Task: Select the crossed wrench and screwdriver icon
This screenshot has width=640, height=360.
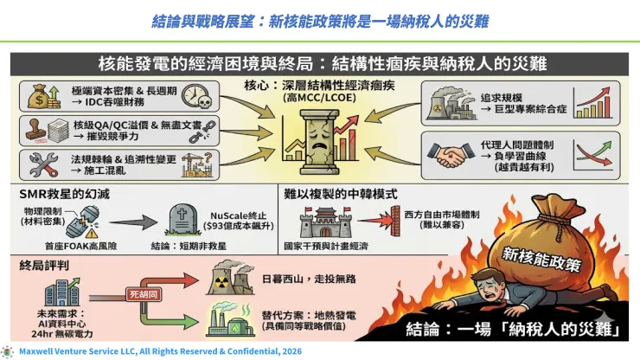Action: (x=41, y=162)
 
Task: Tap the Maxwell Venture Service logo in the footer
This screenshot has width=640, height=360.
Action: (x=8, y=352)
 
